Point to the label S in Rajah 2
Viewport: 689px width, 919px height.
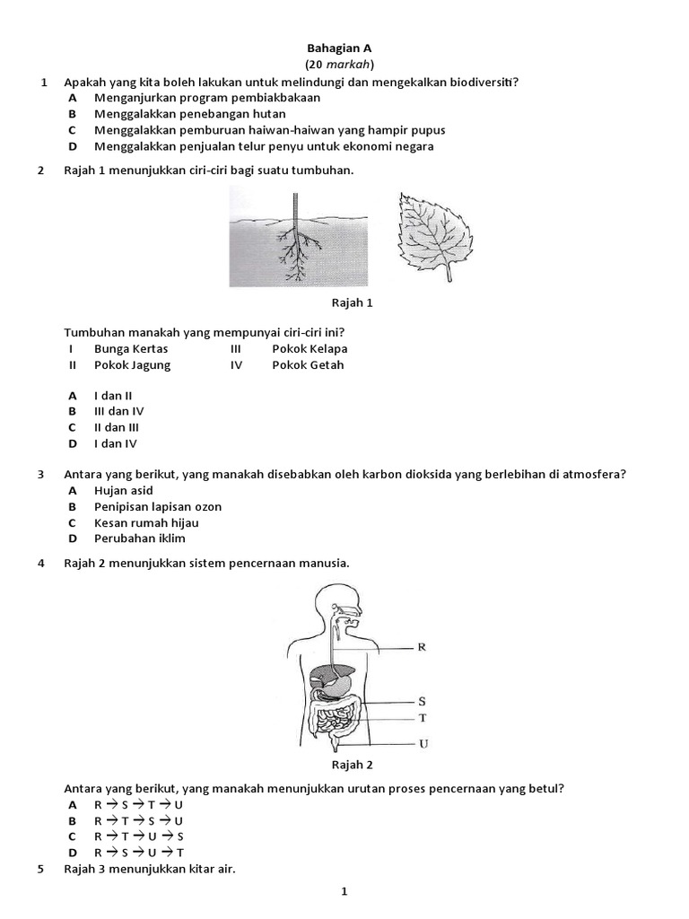pyautogui.click(x=422, y=702)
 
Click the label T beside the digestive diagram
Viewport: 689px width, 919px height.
pyautogui.click(x=422, y=718)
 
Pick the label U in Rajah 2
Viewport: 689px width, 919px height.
pyautogui.click(x=422, y=744)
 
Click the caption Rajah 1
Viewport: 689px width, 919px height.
pyautogui.click(x=352, y=303)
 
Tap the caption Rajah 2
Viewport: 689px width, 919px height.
pyautogui.click(x=352, y=766)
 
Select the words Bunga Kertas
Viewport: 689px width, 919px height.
pyautogui.click(x=131, y=349)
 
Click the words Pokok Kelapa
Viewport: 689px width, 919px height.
pyautogui.click(x=310, y=349)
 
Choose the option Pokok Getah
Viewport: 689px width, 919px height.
pyautogui.click(x=308, y=365)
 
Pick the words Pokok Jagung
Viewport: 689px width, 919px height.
pyautogui.click(x=132, y=365)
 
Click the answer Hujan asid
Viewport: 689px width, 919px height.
pyautogui.click(x=123, y=491)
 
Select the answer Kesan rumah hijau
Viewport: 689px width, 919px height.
pyautogui.click(x=146, y=523)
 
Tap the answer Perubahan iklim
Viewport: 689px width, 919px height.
pyautogui.click(x=140, y=539)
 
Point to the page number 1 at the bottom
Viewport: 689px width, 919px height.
pyautogui.click(x=343, y=891)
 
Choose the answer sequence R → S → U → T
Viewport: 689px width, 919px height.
pyautogui.click(x=138, y=853)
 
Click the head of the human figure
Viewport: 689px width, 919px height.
pyautogui.click(x=344, y=607)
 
